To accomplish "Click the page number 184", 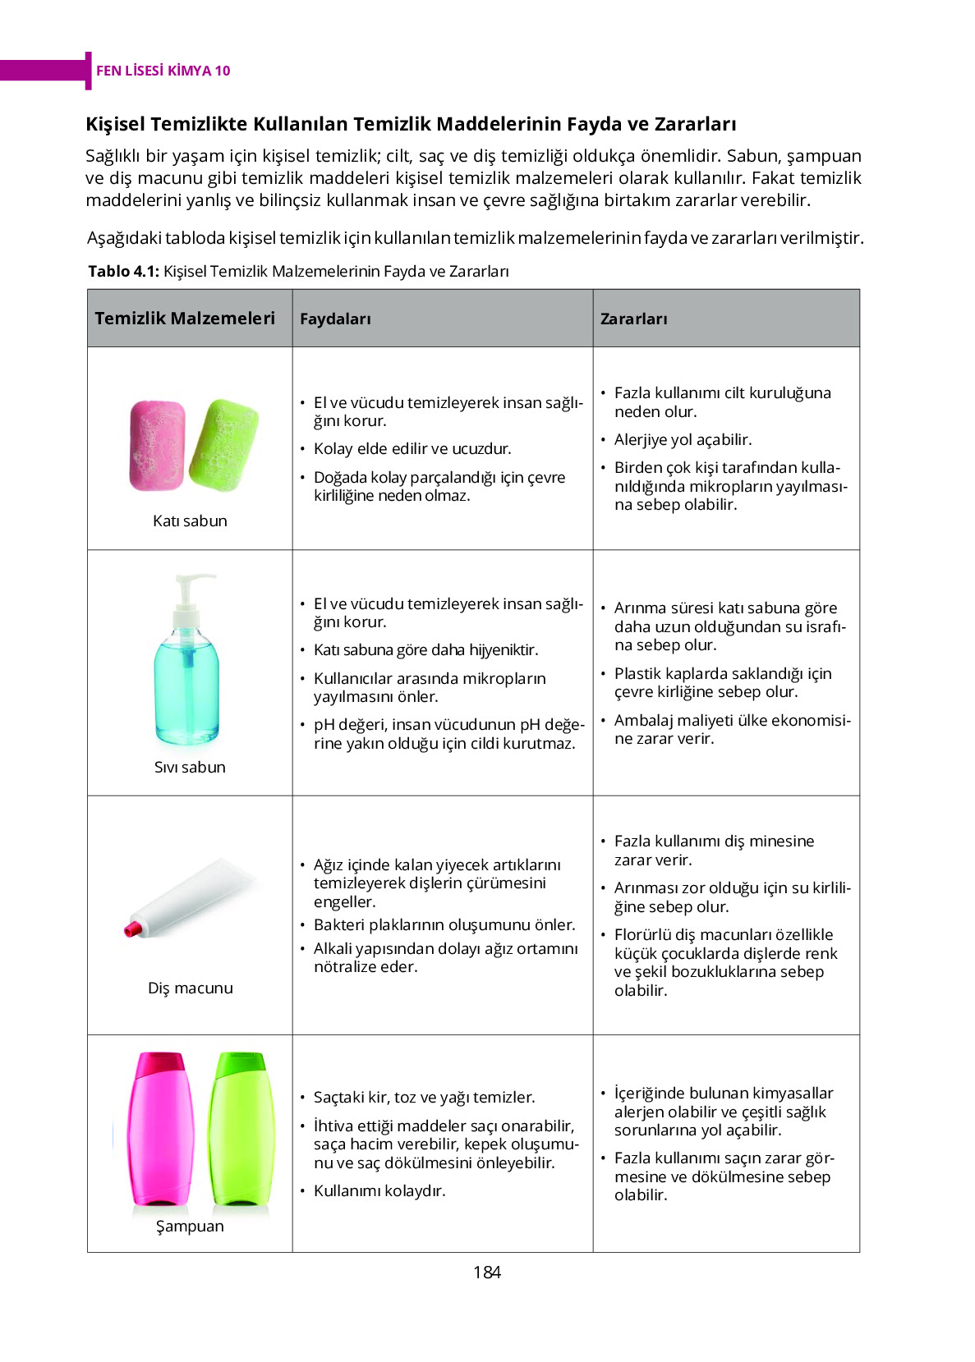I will click(x=486, y=1272).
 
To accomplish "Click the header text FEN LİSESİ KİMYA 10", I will click(x=163, y=71).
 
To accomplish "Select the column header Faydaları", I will click(x=335, y=319).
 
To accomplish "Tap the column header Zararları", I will click(x=633, y=319).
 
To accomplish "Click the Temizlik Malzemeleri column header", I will click(x=185, y=318).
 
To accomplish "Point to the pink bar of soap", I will click(x=156, y=445).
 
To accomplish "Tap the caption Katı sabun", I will click(x=190, y=520).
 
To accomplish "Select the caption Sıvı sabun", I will click(x=190, y=767).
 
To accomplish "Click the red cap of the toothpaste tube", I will click(x=133, y=929).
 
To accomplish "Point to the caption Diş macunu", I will click(x=190, y=988).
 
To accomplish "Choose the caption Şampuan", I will click(x=190, y=1226).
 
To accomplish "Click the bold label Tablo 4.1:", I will click(x=123, y=271).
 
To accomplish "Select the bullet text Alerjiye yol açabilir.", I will click(x=683, y=439).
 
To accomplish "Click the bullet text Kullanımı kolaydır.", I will click(x=379, y=1190).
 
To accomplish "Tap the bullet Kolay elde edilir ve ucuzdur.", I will click(x=412, y=448).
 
